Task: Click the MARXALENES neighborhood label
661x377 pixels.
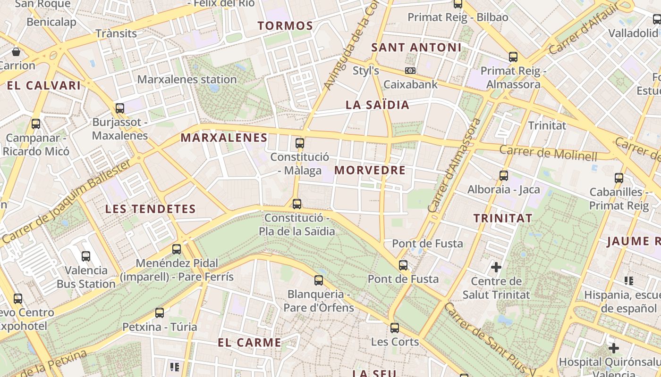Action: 224,138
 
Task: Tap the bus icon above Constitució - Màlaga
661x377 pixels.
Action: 299,143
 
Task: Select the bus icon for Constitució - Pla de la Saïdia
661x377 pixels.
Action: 297,204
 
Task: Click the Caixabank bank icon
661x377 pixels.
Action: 410,71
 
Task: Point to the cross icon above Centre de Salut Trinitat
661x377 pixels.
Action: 496,267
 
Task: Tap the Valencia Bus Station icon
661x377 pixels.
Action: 86,256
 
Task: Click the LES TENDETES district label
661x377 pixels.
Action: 150,209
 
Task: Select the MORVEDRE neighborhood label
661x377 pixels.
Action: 370,171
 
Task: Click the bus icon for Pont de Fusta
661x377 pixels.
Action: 403,265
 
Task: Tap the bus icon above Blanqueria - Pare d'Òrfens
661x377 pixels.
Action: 319,280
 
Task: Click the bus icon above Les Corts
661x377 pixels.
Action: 394,328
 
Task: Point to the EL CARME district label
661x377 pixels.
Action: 249,343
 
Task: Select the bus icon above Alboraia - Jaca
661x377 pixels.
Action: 504,176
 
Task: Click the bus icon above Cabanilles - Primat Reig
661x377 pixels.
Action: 619,178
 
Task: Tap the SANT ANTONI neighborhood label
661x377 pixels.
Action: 416,48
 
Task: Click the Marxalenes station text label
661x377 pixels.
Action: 187,79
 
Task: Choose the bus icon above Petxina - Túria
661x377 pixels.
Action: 160,312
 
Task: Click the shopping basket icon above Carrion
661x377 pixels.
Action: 16,51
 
